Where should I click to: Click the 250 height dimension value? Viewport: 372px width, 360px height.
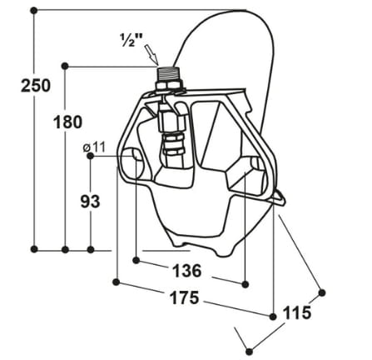(x=36, y=85)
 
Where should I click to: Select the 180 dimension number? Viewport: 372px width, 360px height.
(x=68, y=122)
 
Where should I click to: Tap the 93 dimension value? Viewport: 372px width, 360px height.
(x=90, y=201)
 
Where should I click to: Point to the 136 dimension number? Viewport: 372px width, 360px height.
(x=186, y=271)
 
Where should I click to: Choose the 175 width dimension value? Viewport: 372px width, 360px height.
(x=185, y=297)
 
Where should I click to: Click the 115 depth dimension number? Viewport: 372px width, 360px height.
(x=296, y=312)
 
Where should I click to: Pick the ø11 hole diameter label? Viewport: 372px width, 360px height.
(x=94, y=147)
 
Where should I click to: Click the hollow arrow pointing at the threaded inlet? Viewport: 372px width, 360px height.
(x=151, y=55)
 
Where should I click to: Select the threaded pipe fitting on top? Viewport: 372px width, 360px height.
(x=167, y=73)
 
